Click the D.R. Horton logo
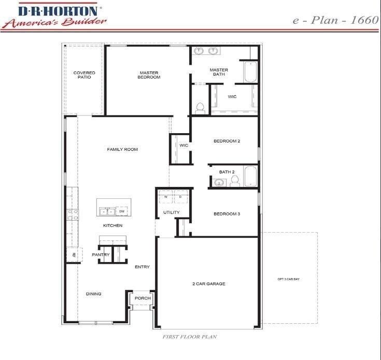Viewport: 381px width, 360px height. [x=54, y=15]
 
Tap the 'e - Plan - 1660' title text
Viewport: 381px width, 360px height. [x=335, y=20]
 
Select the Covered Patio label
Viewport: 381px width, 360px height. [x=84, y=75]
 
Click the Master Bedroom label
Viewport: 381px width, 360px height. [x=149, y=75]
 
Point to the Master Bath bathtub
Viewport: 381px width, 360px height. [x=249, y=73]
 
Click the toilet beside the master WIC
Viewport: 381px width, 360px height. [x=200, y=108]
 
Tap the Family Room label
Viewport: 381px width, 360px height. [x=122, y=150]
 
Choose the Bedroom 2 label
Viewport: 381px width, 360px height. [x=227, y=141]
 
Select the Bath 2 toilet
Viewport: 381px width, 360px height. [x=234, y=181]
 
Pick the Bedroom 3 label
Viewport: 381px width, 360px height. [x=227, y=213]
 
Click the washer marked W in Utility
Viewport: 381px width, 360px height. [x=166, y=197]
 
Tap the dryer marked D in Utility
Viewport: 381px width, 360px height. [x=180, y=197]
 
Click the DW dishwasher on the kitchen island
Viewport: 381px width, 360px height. [x=122, y=211]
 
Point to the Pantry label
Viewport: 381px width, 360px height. [x=101, y=255]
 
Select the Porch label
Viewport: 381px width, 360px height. [x=143, y=298]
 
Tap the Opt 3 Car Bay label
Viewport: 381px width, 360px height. [x=289, y=279]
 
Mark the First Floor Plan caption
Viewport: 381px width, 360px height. [x=190, y=337]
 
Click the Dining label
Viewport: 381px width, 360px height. [x=94, y=294]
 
